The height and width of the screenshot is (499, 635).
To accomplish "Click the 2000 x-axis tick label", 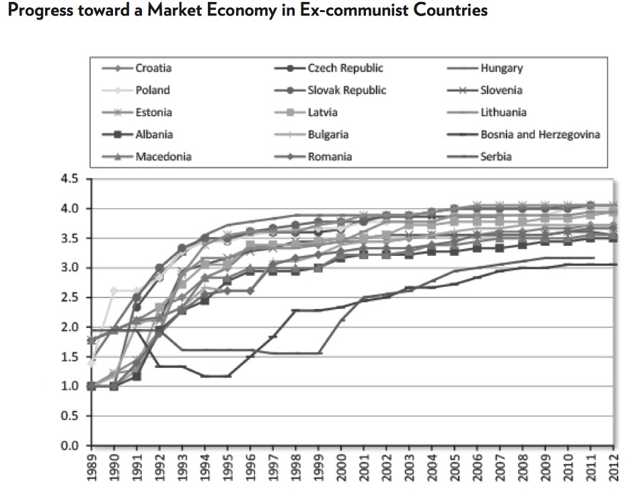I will (342, 468).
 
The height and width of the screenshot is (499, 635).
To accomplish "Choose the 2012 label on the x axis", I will (613, 468).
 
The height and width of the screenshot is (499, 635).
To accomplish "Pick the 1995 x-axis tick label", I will (229, 468).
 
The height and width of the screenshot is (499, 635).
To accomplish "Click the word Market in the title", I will (146, 12).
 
